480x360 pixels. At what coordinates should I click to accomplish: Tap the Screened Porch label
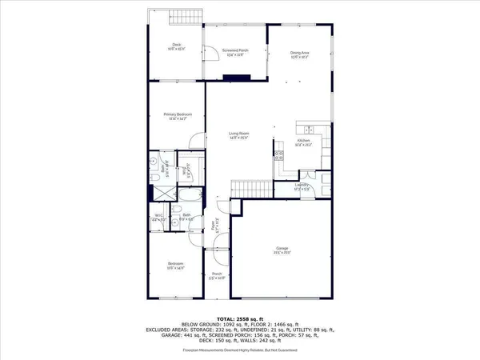pyautogui.click(x=234, y=53)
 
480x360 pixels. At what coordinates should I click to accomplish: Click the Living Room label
pyautogui.click(x=239, y=135)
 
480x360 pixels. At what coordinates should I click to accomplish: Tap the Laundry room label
pyautogui.click(x=302, y=186)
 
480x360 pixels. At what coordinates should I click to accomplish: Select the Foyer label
pyautogui.click(x=214, y=226)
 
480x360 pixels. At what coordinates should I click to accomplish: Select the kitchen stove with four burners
pyautogui.click(x=279, y=156)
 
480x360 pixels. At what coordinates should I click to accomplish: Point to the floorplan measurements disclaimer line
pyautogui.click(x=239, y=349)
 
